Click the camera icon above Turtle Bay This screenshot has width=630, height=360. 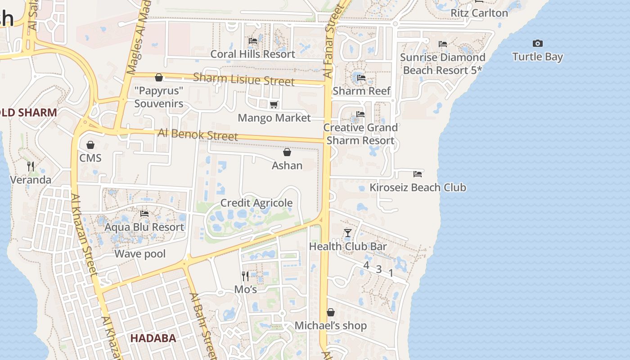pos(537,44)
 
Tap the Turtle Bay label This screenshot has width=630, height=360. pos(537,57)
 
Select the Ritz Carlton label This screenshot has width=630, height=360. pos(479,13)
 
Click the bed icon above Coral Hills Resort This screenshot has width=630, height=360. pos(253,41)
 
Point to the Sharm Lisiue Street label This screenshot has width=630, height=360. pos(243,79)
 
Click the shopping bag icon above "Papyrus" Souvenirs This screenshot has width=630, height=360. pos(158,77)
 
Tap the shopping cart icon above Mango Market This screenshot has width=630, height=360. pos(274,105)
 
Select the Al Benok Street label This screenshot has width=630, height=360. pos(198,135)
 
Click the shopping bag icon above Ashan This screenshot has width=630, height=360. pos(287,152)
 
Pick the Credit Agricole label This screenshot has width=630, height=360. pos(256,203)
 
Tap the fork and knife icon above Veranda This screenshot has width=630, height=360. pos(31,166)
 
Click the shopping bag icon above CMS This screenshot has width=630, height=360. pos(90,145)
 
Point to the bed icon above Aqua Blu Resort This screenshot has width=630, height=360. pos(144,214)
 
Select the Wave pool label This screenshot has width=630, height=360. pos(140,254)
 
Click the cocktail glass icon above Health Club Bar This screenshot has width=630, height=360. pos(347,233)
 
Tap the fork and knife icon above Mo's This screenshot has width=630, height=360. pos(245,276)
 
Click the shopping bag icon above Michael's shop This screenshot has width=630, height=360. pos(331,312)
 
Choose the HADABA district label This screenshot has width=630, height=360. pos(153,338)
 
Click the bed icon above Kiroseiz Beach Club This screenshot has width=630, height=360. pos(418,174)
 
